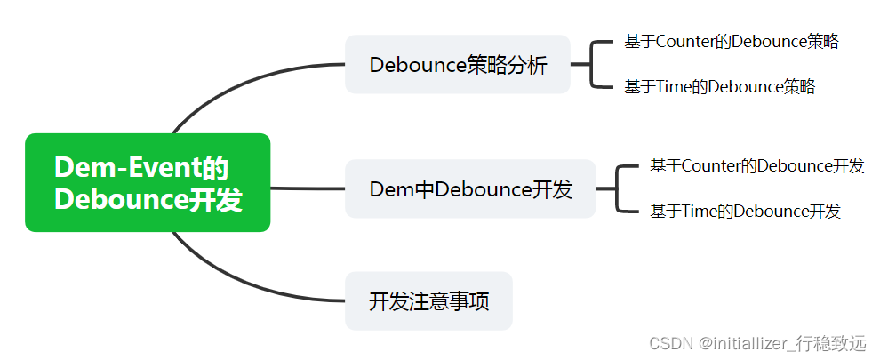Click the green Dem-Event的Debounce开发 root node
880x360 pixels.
click(148, 182)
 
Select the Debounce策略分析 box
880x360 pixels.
click(457, 65)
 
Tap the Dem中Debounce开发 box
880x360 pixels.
click(469, 189)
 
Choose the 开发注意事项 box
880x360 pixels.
click(428, 301)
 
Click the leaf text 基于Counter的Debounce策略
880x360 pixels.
click(731, 41)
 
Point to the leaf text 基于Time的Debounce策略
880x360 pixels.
click(719, 87)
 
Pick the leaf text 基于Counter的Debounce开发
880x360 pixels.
click(756, 166)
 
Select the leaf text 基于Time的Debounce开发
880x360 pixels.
click(745, 212)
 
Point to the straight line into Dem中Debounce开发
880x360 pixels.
click(307, 188)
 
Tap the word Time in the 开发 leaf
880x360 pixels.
click(700, 212)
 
